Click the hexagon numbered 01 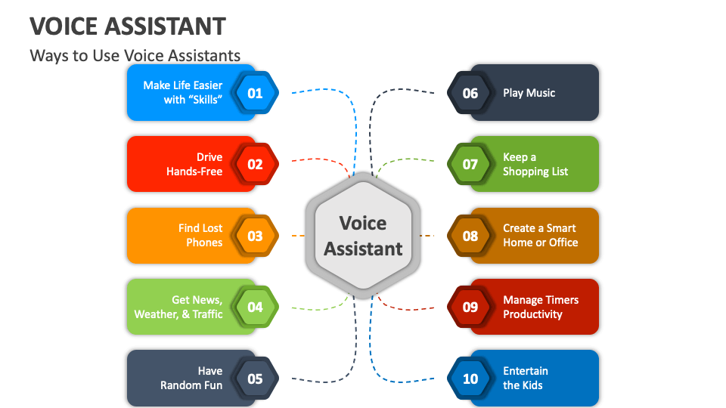click(256, 93)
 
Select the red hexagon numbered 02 click(256, 164)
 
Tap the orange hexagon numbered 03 click(256, 236)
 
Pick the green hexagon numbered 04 click(256, 307)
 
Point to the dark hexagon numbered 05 click(256, 378)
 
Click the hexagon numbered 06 click(470, 93)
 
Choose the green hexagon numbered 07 click(470, 164)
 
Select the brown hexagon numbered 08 click(470, 236)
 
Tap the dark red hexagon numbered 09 click(470, 307)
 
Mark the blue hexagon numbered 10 click(470, 378)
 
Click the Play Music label click(529, 93)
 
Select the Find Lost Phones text click(200, 235)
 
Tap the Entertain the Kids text click(525, 378)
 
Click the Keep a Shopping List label click(535, 164)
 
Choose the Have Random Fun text click(192, 378)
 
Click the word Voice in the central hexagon click(363, 223)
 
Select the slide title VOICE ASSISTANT click(128, 26)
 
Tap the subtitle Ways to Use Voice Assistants click(135, 55)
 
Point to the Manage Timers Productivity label click(540, 307)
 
